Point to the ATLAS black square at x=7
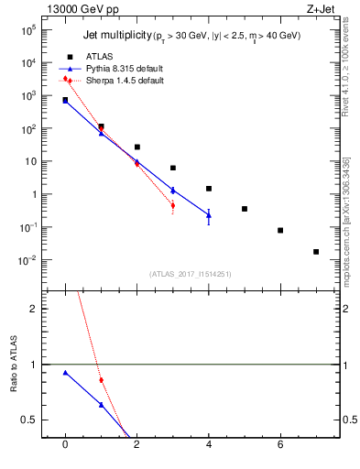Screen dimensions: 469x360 tap(316, 252)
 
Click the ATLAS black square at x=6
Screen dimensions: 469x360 tap(280, 231)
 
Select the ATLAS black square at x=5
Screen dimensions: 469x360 tap(245, 209)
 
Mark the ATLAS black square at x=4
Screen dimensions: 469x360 tap(209, 189)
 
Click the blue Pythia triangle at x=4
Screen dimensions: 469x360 tap(209, 215)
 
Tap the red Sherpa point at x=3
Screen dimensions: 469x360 tap(172, 205)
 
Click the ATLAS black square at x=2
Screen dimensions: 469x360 tap(136, 147)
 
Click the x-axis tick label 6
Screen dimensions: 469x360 tap(280, 444)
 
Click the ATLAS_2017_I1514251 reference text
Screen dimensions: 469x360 tap(191, 273)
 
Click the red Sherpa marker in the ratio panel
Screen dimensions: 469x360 tap(101, 380)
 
